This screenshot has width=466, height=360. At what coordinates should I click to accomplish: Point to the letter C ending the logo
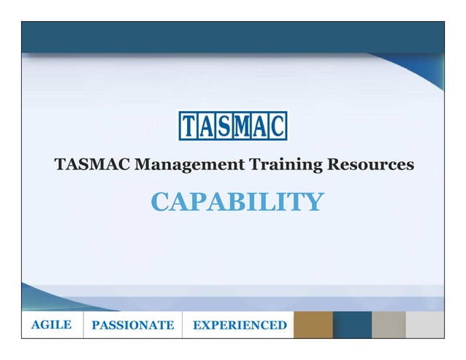(278, 126)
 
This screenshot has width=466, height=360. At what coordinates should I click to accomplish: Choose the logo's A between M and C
(260, 126)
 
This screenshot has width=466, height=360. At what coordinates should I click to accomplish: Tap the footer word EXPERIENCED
(239, 325)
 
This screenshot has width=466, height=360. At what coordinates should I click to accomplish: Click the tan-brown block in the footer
(313, 325)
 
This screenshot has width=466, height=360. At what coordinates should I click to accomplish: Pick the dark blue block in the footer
(352, 325)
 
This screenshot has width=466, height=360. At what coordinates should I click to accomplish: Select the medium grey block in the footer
(389, 325)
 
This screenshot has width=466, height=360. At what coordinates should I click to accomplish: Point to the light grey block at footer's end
(425, 325)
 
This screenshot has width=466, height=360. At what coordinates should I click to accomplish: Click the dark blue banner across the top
(233, 37)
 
